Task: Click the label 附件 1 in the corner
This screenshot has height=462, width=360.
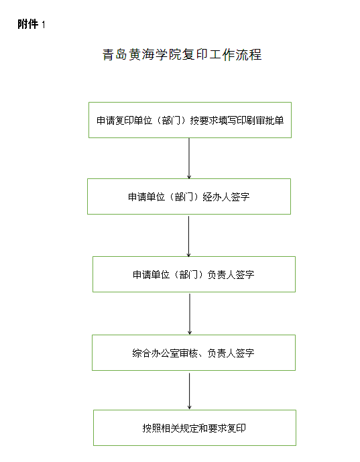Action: [x=32, y=24]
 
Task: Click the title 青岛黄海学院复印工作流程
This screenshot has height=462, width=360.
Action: [x=182, y=54]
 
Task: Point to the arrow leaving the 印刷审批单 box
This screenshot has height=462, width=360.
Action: [x=189, y=158]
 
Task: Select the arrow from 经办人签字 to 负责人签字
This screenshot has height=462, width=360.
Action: [x=189, y=236]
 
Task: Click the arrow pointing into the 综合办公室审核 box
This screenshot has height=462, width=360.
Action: [x=190, y=314]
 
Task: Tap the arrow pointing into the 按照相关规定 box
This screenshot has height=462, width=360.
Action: [x=190, y=391]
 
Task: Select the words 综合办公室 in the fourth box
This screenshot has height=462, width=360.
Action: [x=156, y=353]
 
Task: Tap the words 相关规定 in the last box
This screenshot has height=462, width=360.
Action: [x=175, y=428]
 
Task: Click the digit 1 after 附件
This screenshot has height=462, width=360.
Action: [x=44, y=24]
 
